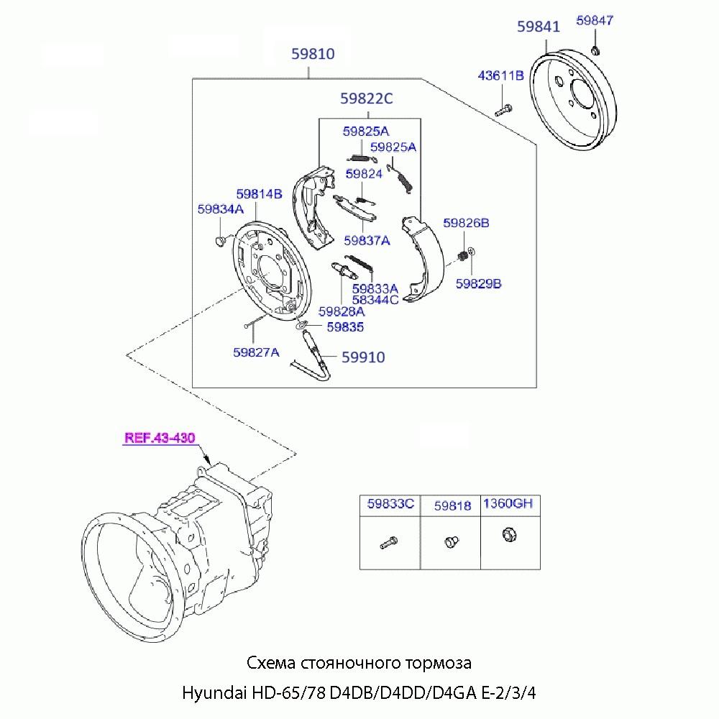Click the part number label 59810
pyautogui.click(x=313, y=53)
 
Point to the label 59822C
pyautogui.click(x=367, y=99)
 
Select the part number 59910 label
pyautogui.click(x=362, y=357)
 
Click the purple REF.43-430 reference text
pyautogui.click(x=159, y=437)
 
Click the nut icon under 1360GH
pyautogui.click(x=507, y=534)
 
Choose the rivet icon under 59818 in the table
pyautogui.click(x=452, y=539)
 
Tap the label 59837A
pyautogui.click(x=367, y=241)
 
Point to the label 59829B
pyautogui.click(x=478, y=283)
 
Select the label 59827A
pyautogui.click(x=256, y=352)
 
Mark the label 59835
pyautogui.click(x=345, y=327)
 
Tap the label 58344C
pyautogui.click(x=375, y=300)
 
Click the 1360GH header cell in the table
pyautogui.click(x=507, y=504)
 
